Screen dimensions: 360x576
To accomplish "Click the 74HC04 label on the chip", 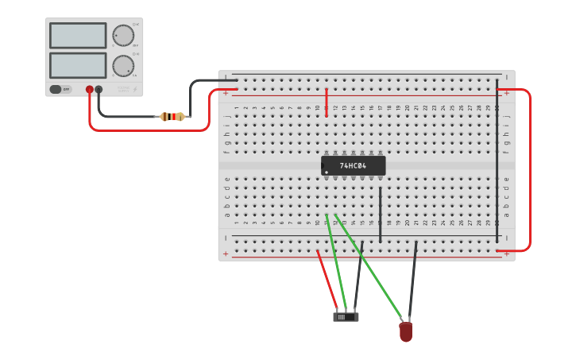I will point(353,166).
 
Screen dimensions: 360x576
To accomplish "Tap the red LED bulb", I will point(406,331).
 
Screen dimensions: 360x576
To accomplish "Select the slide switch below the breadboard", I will point(346,317).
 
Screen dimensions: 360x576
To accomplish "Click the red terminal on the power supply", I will point(90,90).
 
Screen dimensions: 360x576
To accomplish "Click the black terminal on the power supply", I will point(99,90).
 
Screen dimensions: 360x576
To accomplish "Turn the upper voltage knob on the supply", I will point(123,36).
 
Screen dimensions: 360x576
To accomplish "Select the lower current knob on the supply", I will point(123,65).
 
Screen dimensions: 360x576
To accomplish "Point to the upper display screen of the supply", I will point(78,36).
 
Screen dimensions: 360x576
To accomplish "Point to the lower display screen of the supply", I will point(78,65).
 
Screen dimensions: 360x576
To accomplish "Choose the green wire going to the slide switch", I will point(335,262).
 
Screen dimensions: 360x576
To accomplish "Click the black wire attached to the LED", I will point(412,282).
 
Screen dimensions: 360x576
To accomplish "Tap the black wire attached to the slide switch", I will point(358,278).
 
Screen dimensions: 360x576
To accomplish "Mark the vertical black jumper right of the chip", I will point(381,215).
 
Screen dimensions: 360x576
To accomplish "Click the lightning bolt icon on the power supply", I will point(134,90).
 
